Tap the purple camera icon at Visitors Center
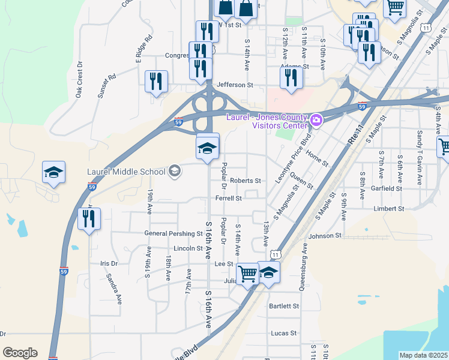click(316, 121)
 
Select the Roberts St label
click(246, 181)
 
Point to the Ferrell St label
click(229, 198)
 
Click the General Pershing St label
click(173, 233)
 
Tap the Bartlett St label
click(284, 306)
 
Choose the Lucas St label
click(284, 333)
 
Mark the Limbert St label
click(389, 209)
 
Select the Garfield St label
click(386, 188)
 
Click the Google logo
click(20, 353)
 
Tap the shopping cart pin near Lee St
click(247, 274)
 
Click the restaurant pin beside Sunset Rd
click(157, 82)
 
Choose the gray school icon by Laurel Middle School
click(174, 172)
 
